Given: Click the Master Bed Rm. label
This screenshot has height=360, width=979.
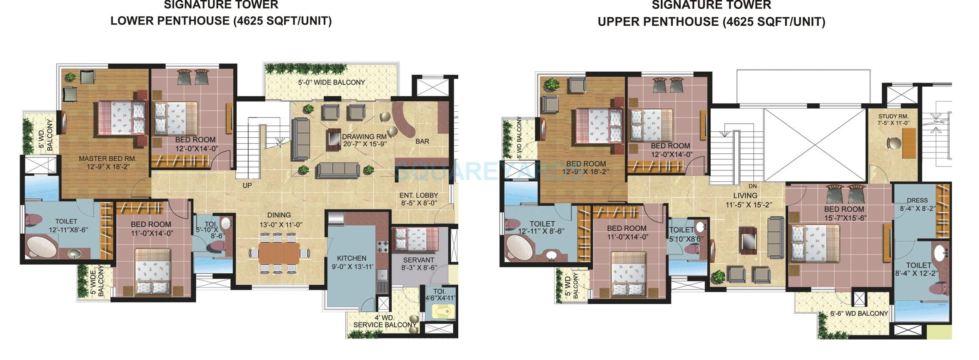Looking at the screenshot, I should click(107, 159).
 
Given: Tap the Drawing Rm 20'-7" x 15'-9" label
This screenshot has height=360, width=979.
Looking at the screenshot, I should click(365, 140).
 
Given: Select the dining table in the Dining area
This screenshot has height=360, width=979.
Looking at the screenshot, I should click(279, 253).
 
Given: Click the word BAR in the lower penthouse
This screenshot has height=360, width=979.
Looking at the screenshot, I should click(422, 142).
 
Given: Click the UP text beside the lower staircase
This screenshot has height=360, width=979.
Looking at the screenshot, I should click(247, 185).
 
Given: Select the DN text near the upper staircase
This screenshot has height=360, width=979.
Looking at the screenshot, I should click(752, 186).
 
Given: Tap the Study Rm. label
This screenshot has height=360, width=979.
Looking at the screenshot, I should click(893, 120).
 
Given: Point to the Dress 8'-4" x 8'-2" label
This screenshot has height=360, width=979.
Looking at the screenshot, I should click(917, 205).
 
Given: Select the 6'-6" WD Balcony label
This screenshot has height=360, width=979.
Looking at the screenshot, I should click(859, 313).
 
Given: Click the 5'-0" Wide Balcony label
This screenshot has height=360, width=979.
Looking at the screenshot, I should click(331, 82).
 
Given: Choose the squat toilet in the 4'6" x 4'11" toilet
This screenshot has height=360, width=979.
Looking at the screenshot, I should click(441, 311).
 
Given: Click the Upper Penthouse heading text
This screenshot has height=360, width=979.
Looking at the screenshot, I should click(711, 22).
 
